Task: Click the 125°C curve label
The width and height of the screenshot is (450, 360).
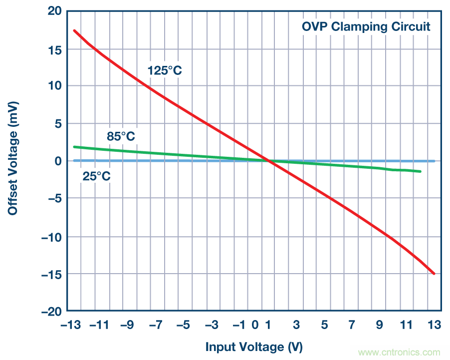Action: point(165,70)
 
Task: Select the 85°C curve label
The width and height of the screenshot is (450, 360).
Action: point(121,136)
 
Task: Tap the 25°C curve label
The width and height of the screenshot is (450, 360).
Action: point(96,176)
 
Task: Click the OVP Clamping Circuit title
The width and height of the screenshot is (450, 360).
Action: point(366,26)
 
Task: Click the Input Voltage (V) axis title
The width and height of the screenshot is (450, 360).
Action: point(254,347)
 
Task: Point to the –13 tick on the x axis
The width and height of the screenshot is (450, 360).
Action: point(71,326)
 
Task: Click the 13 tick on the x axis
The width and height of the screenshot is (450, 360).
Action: point(434,326)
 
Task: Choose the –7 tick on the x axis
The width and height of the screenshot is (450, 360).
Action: point(156,326)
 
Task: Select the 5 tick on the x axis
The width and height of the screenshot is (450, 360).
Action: point(325,326)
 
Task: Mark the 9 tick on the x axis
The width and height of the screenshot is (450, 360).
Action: point(380,326)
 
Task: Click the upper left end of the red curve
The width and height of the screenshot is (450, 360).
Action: point(74,30)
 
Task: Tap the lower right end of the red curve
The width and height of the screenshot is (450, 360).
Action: point(434,274)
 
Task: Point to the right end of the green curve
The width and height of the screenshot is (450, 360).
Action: point(420,171)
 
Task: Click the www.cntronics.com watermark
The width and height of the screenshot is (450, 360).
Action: point(399,352)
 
